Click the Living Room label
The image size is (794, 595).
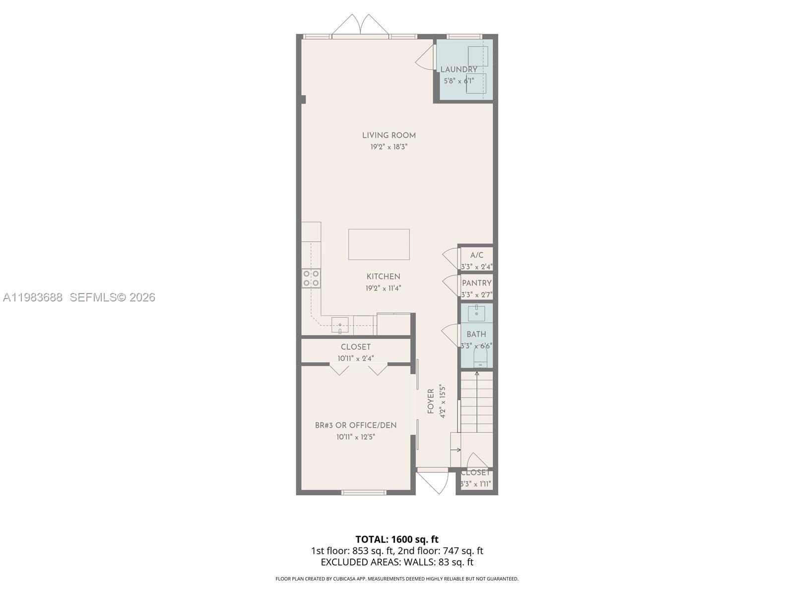click(389, 135)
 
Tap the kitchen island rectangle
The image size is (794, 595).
click(379, 244)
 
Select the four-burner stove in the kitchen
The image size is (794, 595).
click(311, 278)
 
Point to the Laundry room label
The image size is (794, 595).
click(459, 69)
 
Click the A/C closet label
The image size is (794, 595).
click(476, 255)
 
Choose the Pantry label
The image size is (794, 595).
click(476, 283)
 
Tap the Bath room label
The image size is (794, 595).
click(476, 334)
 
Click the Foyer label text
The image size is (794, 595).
click(431, 401)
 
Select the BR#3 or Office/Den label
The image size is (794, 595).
click(355, 425)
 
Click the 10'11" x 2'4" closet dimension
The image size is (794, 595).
click(355, 358)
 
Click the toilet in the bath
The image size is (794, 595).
click(480, 359)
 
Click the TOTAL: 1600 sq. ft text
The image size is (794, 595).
click(397, 539)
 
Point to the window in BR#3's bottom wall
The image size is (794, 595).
click(364, 492)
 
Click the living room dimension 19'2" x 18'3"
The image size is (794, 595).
click(389, 147)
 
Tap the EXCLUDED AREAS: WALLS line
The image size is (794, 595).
click(397, 562)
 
